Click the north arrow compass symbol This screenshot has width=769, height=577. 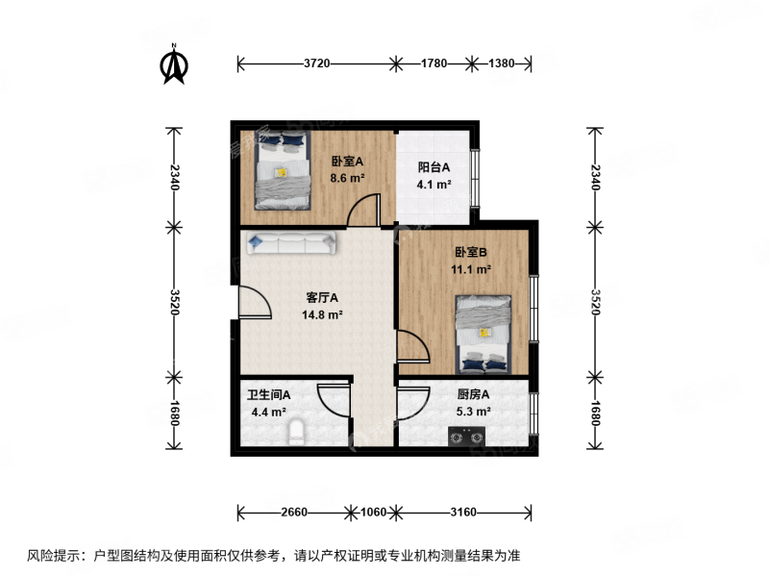pos(174,64)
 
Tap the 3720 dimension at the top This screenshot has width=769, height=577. pos(317,63)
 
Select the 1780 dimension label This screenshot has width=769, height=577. pos(434,63)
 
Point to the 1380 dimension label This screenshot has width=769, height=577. pos(501,63)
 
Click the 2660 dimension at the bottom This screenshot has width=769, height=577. pos(294,513)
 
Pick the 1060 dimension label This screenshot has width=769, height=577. pos(373,513)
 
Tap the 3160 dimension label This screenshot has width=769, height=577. pos(463,513)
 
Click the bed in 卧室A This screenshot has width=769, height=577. pos(283,170)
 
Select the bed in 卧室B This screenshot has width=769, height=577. pos(484,334)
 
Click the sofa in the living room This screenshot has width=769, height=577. pos(291,243)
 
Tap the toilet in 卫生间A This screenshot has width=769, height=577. pos(296,432)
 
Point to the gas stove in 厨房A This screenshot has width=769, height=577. pos(466,437)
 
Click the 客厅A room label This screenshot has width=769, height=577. pos(322,298)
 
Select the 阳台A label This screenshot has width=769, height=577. pos(434,167)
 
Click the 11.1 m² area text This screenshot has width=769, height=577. pos(471,269)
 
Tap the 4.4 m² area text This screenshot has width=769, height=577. pos(269,413)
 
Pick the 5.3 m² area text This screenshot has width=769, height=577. pos(473,412)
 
